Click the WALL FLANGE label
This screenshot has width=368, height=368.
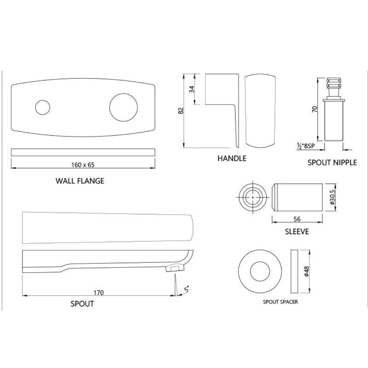pyautogui.click(x=80, y=181)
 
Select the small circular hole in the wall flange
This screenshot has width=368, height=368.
pyautogui.click(x=43, y=107)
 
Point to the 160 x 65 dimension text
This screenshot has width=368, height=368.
pyautogui.click(x=83, y=165)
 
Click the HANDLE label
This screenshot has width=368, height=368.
pyautogui.click(x=232, y=158)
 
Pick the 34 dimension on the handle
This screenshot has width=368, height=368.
pyautogui.click(x=192, y=89)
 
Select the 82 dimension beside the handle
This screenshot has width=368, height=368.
pyautogui.click(x=181, y=111)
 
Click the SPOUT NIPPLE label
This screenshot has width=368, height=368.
pyautogui.click(x=332, y=163)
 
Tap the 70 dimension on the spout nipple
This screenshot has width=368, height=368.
pyautogui.click(x=315, y=109)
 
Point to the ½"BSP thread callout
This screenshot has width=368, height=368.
pyautogui.click(x=306, y=146)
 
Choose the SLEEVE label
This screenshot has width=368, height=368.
pyautogui.click(x=297, y=232)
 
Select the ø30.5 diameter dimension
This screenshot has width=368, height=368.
pyautogui.click(x=333, y=198)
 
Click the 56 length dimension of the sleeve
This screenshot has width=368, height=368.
pyautogui.click(x=297, y=220)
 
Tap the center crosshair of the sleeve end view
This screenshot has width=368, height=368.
pyautogui.click(x=252, y=197)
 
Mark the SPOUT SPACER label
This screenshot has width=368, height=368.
pyautogui.click(x=280, y=302)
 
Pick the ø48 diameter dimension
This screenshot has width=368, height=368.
pyautogui.click(x=306, y=271)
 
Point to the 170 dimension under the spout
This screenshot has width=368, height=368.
pyautogui.click(x=98, y=292)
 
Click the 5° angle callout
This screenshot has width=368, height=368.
pyautogui.click(x=186, y=290)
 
